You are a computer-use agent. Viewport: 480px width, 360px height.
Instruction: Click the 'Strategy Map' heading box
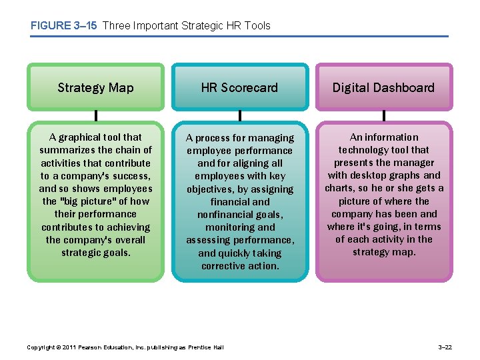[95, 87]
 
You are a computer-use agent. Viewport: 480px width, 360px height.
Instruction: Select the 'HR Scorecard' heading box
[239, 87]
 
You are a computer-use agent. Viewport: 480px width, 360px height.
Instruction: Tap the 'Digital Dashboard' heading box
[383, 87]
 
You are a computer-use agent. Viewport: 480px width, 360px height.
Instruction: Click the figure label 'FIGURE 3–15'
[63, 25]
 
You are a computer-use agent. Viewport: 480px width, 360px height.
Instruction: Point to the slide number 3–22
[445, 347]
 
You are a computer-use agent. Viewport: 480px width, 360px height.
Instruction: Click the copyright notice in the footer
[125, 347]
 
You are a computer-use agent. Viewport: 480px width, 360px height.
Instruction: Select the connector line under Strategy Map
[95, 116]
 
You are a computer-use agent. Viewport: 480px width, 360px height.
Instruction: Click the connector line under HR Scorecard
[239, 116]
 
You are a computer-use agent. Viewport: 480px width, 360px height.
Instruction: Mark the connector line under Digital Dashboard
[383, 116]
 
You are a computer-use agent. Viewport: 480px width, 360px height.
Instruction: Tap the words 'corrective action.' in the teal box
[240, 266]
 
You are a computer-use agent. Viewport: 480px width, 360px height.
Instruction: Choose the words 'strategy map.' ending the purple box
[383, 252]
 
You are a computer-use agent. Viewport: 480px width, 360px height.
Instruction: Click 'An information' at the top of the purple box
[383, 137]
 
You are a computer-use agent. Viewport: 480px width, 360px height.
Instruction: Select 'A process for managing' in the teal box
[239, 138]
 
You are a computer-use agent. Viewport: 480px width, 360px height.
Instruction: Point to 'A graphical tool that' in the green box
[95, 137]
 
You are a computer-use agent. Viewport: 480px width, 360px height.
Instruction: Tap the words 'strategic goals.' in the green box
[95, 253]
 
